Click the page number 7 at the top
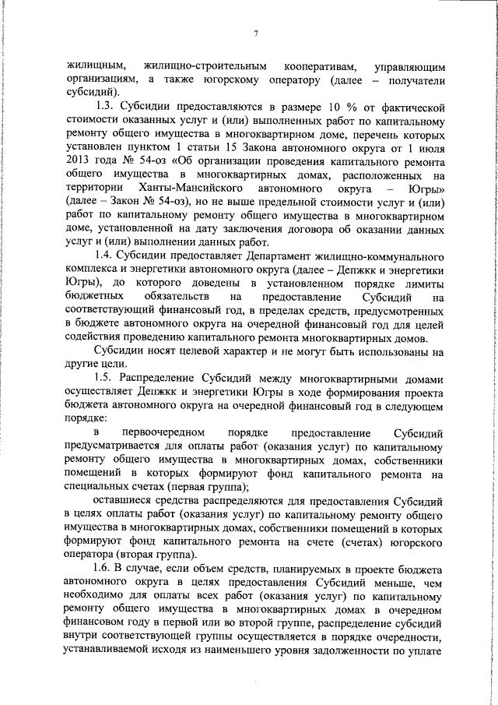tap(255, 33)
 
